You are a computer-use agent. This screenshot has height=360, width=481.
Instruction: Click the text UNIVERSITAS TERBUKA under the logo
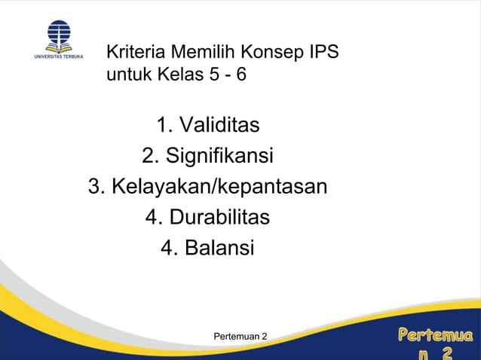pyautogui.click(x=58, y=56)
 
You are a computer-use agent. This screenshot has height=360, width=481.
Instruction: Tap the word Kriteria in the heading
pyautogui.click(x=136, y=53)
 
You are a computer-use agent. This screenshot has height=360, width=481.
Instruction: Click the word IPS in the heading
pyautogui.click(x=323, y=53)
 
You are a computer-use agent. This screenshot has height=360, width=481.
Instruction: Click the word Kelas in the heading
pyautogui.click(x=179, y=75)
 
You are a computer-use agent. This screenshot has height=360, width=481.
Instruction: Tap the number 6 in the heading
pyautogui.click(x=241, y=75)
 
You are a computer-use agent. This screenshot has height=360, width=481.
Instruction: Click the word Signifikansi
pyautogui.click(x=219, y=156)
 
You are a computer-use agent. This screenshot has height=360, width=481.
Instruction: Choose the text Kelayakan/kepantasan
pyautogui.click(x=219, y=186)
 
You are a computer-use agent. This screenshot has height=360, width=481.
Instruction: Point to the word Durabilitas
pyautogui.click(x=219, y=217)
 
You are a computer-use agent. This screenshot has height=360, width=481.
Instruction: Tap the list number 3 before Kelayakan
pyautogui.click(x=96, y=186)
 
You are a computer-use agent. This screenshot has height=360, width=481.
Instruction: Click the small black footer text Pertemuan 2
pyautogui.click(x=241, y=334)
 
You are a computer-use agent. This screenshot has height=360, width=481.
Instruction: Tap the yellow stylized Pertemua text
pyautogui.click(x=436, y=334)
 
